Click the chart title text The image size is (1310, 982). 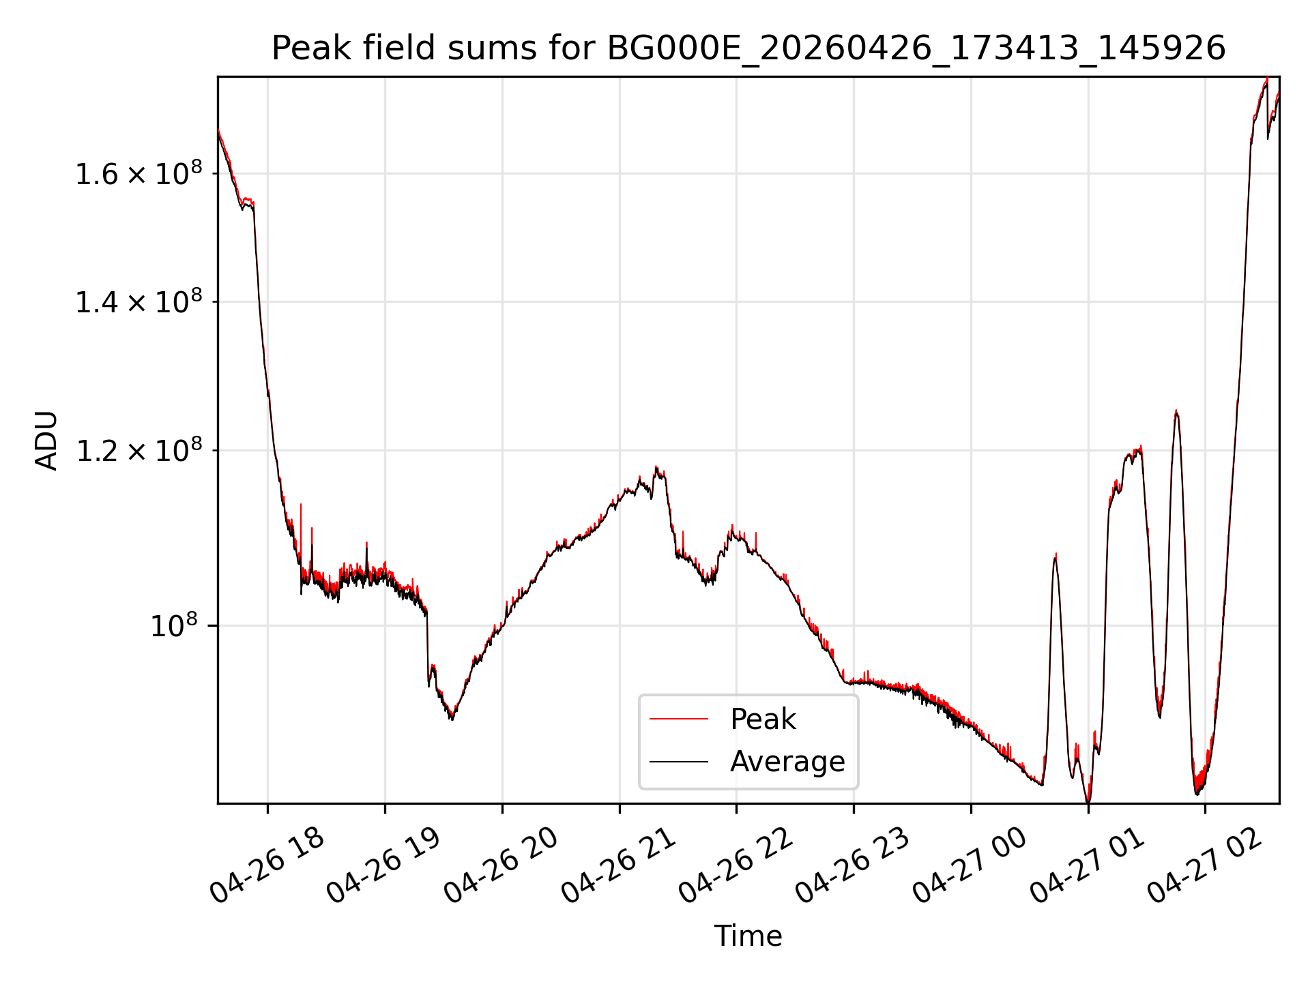(x=748, y=48)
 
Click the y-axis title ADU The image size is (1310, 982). (x=46, y=441)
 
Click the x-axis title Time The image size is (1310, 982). (x=748, y=936)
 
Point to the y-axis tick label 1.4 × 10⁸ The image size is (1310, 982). (x=139, y=301)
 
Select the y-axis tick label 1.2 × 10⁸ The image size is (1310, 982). (x=139, y=450)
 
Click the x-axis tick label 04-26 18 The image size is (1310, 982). (x=267, y=865)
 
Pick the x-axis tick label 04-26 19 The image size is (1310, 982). (x=385, y=865)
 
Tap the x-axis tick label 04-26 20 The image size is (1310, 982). (x=502, y=865)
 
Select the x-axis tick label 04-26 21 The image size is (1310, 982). (x=620, y=865)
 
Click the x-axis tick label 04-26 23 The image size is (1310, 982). (x=854, y=865)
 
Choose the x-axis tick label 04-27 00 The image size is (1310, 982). (x=971, y=865)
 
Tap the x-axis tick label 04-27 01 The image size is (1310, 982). (x=1088, y=865)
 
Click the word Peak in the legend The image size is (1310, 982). (x=763, y=719)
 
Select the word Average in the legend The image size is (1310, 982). (x=787, y=761)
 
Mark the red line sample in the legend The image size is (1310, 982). (x=679, y=719)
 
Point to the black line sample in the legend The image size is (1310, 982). (x=679, y=761)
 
